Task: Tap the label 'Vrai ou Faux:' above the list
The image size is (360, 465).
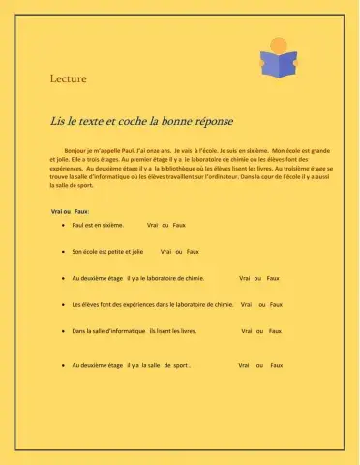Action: click(70, 211)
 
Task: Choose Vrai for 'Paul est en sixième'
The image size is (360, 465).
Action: click(152, 224)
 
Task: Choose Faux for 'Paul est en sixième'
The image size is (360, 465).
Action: click(179, 224)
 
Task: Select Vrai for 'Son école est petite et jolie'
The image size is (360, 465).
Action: click(165, 250)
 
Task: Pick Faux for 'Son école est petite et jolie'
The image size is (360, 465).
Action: click(193, 250)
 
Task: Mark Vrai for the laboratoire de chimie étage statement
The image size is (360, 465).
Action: click(244, 277)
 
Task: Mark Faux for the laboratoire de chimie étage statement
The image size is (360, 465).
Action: click(273, 277)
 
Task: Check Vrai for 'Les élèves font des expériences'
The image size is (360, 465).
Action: click(247, 304)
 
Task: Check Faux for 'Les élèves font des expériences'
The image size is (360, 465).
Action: click(276, 304)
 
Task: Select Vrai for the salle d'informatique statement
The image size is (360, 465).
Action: click(247, 330)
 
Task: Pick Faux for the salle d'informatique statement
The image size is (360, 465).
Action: click(275, 330)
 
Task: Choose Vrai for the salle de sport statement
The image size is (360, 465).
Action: click(244, 365)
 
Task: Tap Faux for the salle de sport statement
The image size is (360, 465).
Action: click(276, 365)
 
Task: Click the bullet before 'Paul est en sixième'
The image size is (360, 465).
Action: click(63, 224)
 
